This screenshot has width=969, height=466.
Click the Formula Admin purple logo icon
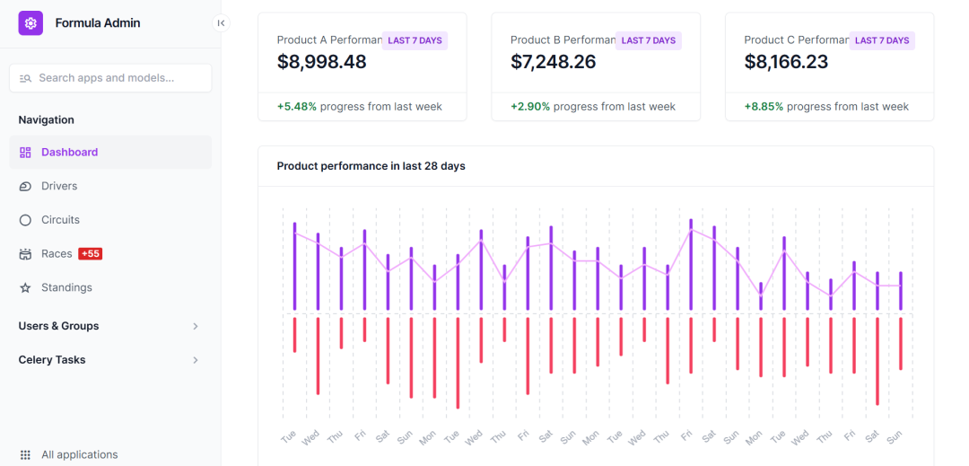click(x=31, y=23)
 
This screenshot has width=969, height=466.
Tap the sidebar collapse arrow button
click(x=221, y=23)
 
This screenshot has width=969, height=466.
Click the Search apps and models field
click(x=110, y=78)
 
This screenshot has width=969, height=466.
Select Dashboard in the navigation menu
click(x=69, y=153)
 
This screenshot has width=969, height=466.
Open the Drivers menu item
click(x=59, y=186)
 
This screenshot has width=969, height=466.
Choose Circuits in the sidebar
click(x=60, y=220)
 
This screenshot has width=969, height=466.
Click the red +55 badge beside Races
click(x=91, y=254)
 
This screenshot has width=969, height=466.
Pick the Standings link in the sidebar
click(x=66, y=287)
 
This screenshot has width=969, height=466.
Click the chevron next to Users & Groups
click(x=196, y=326)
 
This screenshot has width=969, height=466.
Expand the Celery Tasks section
click(x=196, y=360)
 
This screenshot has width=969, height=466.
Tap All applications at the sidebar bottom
click(x=79, y=454)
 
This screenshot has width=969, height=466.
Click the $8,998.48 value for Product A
click(x=322, y=62)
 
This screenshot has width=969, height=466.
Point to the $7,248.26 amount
click(x=554, y=62)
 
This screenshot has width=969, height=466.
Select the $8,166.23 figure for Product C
click(x=786, y=62)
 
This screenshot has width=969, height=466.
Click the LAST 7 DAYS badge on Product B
click(x=649, y=40)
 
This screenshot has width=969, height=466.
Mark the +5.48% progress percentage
click(x=297, y=106)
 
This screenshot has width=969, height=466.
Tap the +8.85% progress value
click(x=764, y=106)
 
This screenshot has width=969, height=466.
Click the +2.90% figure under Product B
click(x=530, y=106)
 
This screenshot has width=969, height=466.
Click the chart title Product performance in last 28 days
click(x=371, y=166)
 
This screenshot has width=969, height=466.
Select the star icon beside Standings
click(x=25, y=287)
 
